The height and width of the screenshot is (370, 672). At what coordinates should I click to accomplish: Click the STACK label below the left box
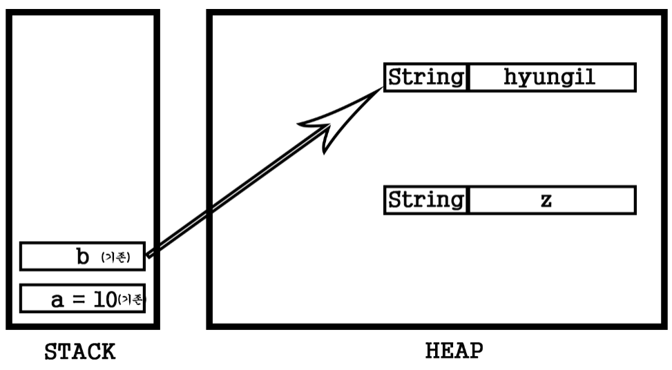(x=80, y=352)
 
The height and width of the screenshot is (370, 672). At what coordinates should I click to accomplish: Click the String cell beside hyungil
(x=425, y=77)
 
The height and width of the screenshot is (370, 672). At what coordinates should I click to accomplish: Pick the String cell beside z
(x=425, y=199)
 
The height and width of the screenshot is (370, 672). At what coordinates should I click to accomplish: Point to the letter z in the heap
(x=546, y=201)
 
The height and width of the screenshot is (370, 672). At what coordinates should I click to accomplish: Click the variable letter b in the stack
(x=83, y=257)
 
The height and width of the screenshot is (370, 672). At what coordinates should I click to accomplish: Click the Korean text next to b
(x=115, y=258)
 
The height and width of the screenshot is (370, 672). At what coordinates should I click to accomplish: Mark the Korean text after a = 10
(x=131, y=300)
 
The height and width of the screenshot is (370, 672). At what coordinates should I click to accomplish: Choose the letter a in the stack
(x=57, y=300)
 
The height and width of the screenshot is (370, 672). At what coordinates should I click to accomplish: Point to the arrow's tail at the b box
(x=148, y=254)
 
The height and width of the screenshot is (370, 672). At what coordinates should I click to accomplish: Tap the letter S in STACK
(x=51, y=352)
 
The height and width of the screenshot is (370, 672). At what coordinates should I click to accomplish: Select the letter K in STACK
(x=108, y=352)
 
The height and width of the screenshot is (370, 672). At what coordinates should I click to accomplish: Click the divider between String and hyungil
(x=468, y=77)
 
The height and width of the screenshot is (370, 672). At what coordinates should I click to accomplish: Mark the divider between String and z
(x=468, y=199)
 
